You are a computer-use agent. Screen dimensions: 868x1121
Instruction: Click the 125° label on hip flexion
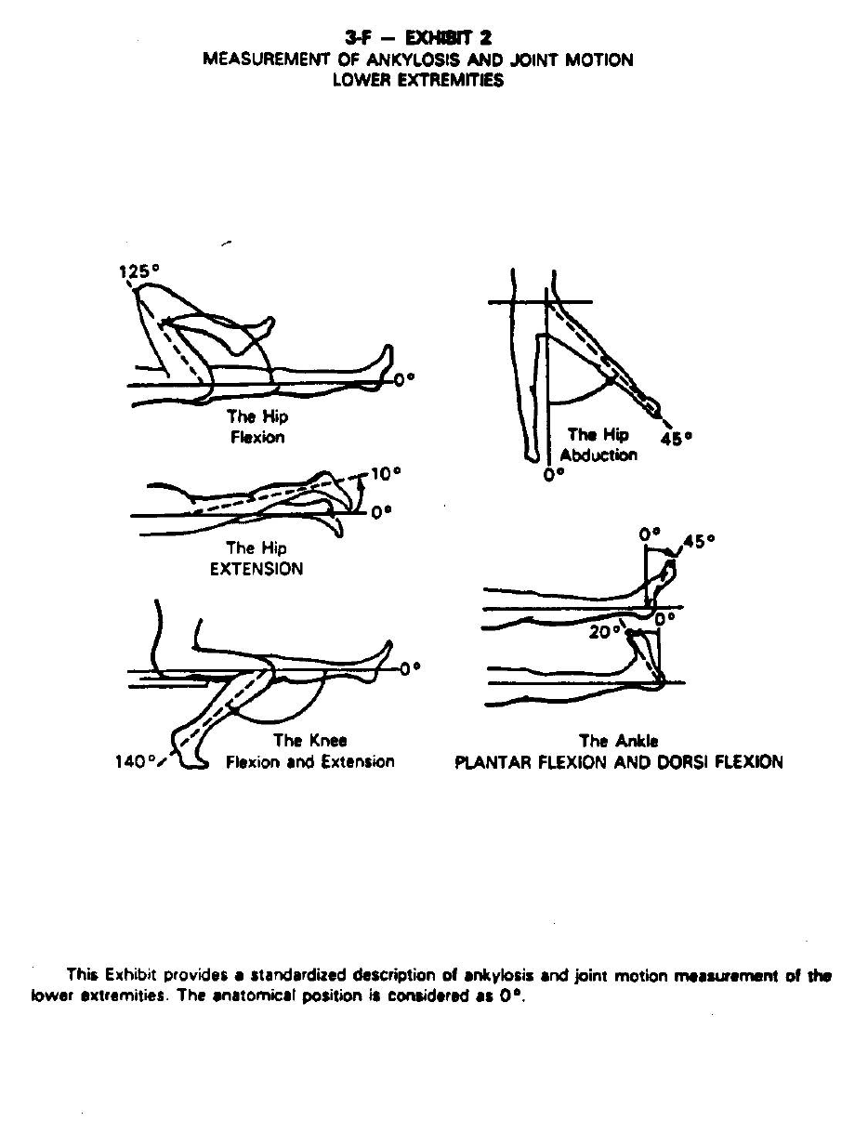(139, 270)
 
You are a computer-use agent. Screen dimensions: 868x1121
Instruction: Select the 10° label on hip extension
(385, 474)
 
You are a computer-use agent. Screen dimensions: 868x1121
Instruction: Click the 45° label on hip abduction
(677, 438)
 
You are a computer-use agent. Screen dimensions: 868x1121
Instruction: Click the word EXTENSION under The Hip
(256, 568)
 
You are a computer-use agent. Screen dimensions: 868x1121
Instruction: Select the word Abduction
(598, 455)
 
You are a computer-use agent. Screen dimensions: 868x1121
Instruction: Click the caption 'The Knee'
(310, 741)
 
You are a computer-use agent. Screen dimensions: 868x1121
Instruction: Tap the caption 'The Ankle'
(618, 741)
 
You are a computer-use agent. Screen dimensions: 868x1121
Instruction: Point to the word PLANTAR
(493, 763)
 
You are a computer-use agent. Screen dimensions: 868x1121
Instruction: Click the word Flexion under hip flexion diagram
(257, 437)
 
